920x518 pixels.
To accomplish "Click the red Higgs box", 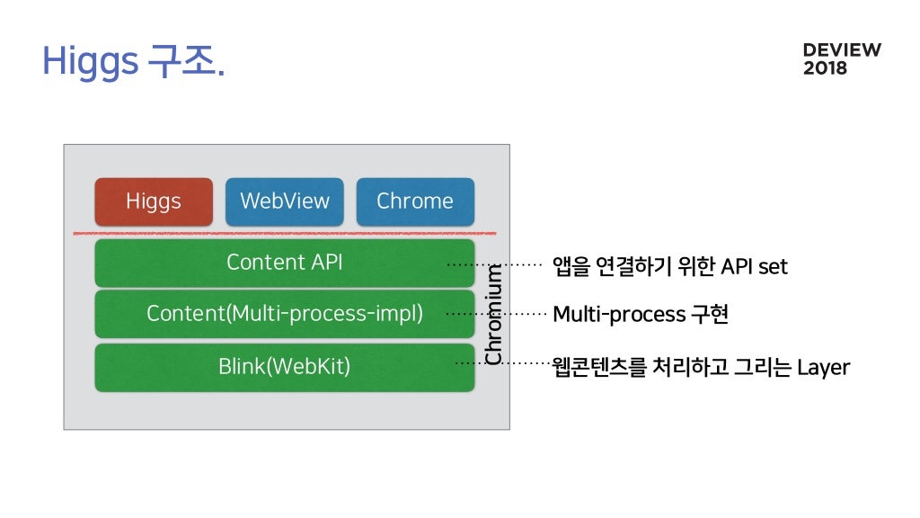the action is point(154,201).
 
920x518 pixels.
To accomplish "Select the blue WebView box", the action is point(285,201).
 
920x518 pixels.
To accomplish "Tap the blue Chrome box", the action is point(415,201).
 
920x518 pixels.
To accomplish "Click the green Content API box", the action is point(285,263).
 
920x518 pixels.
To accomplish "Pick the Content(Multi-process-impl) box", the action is point(285,314).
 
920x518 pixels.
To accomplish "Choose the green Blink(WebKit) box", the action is point(285,367).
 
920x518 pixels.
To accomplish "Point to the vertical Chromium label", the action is point(493,314).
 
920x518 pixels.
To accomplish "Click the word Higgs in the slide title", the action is point(91,62).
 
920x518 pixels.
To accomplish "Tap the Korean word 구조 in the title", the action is point(181,60).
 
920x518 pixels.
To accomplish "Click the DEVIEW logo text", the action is point(842,50).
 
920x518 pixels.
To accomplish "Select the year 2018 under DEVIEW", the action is point(825,68).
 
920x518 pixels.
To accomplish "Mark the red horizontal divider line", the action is point(285,234).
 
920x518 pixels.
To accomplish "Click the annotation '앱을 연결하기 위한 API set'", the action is point(670,266).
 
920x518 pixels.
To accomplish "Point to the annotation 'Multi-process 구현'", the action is point(641,314).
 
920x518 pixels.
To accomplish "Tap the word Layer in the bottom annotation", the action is point(824,368).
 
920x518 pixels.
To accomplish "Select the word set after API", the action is point(773,267).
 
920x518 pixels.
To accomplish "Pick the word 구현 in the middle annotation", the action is point(710,314).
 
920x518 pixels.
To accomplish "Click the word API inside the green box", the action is point(327,263).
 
